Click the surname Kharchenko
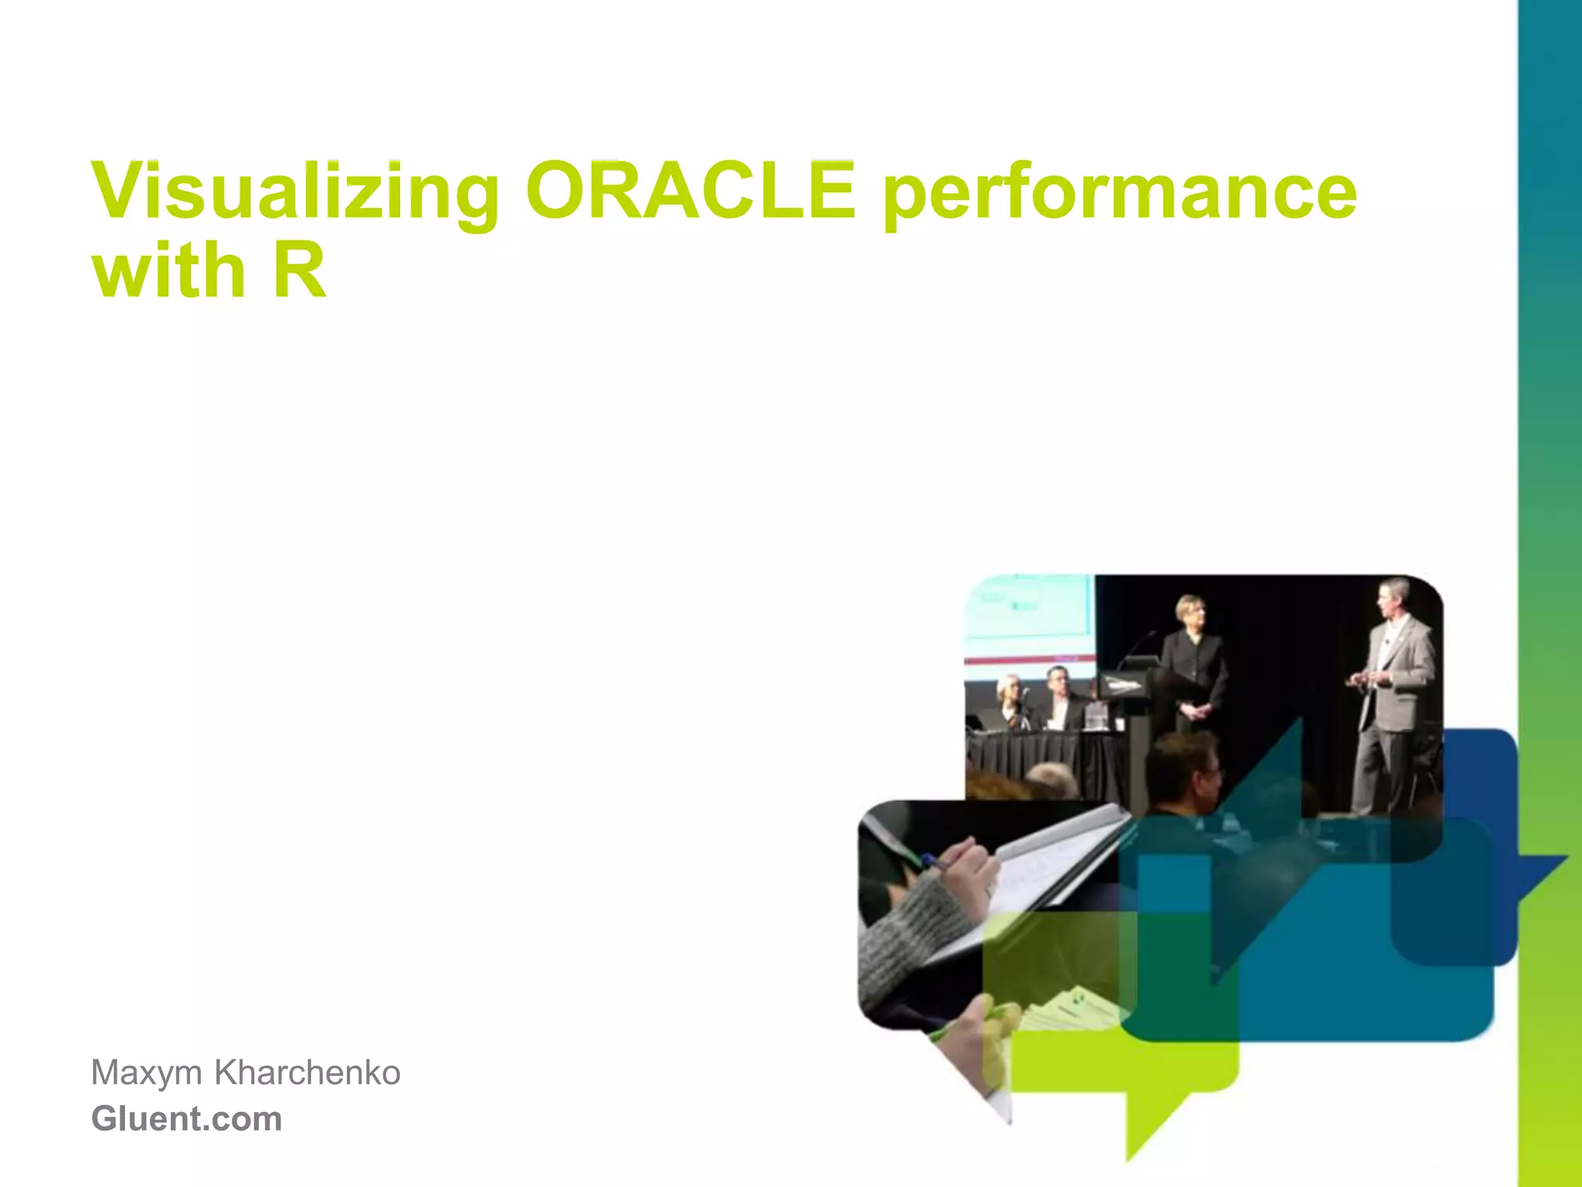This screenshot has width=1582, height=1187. click(x=307, y=1073)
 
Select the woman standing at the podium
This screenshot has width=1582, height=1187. click(x=1194, y=665)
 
